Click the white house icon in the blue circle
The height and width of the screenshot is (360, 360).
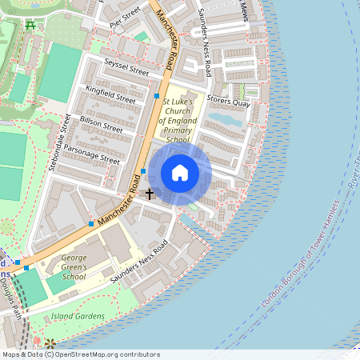180,173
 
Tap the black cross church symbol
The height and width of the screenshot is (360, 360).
149,194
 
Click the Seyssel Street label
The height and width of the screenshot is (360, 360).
126,67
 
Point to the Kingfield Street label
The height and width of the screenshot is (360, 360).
111,94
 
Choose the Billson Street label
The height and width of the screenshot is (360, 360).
102,122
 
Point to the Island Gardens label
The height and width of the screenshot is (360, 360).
78,316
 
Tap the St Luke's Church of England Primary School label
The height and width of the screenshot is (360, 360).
185,121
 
